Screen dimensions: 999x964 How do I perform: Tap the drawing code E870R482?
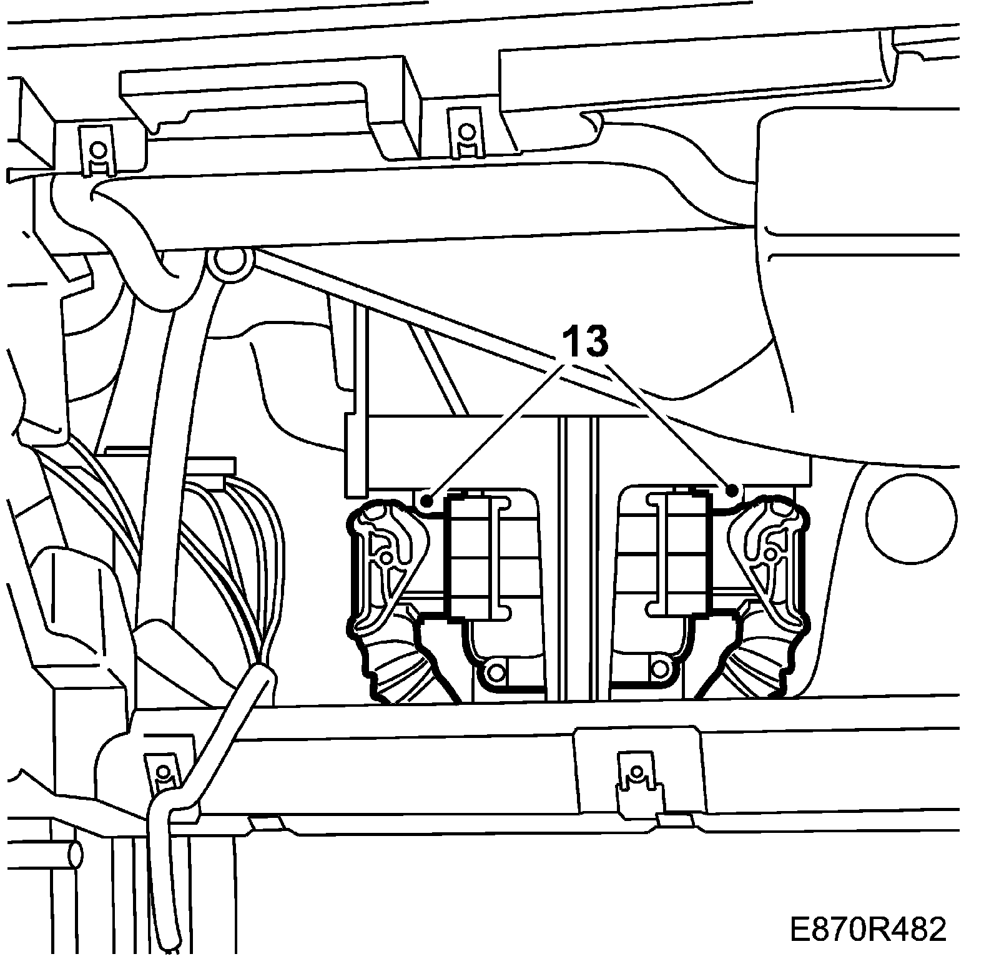click(868, 913)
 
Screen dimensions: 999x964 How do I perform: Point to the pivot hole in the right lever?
click(771, 554)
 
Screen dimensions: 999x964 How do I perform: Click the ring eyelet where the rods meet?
click(229, 263)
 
